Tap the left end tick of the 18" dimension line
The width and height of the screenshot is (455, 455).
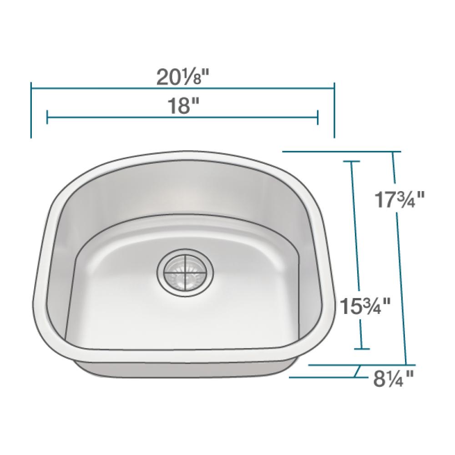click(47, 117)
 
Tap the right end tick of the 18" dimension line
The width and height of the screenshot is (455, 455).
click(317, 117)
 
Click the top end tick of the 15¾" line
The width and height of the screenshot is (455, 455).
click(351, 162)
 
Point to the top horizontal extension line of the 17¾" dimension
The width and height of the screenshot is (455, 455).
click(341, 151)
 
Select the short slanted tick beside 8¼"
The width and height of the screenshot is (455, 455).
click(357, 372)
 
